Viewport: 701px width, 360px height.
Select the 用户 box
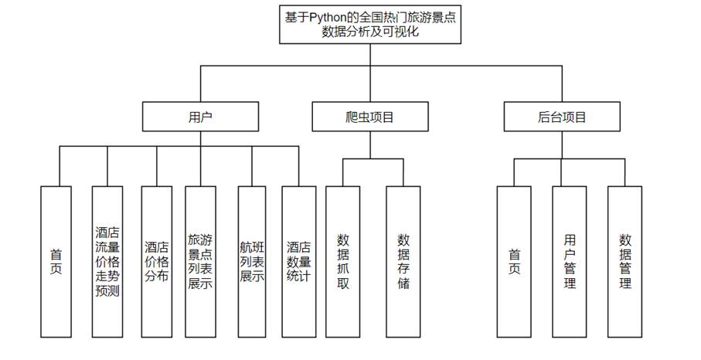click(201, 117)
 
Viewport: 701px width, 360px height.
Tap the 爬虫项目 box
click(370, 117)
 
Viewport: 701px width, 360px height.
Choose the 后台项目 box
click(562, 117)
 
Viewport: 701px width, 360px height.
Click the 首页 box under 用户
click(56, 261)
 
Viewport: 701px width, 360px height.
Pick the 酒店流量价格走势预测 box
click(107, 261)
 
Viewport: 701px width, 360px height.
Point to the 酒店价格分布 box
click(157, 261)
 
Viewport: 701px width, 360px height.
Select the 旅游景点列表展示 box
click(201, 261)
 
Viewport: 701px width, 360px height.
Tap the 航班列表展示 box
click(252, 261)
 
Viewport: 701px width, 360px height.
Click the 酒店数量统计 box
click(298, 261)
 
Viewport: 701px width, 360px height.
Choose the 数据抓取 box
click(344, 261)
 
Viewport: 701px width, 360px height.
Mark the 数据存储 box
click(403, 261)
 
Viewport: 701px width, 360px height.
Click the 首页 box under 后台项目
click(514, 261)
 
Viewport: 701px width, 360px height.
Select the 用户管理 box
click(570, 261)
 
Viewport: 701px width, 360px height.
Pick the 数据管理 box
click(625, 261)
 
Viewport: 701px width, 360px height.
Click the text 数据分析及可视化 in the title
click(371, 33)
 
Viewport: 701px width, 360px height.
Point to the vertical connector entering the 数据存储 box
click(403, 172)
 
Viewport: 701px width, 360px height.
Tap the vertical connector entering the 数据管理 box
click(625, 172)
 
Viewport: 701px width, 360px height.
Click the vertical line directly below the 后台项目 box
click(562, 144)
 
